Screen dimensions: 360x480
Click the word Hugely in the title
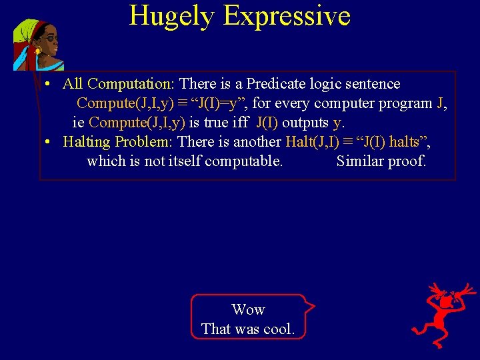click(171, 15)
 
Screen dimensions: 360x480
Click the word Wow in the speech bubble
click(248, 309)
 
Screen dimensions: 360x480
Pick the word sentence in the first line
click(372, 84)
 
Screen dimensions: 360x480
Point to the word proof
click(408, 161)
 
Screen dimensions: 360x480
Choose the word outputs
click(305, 123)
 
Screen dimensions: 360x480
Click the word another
click(257, 142)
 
